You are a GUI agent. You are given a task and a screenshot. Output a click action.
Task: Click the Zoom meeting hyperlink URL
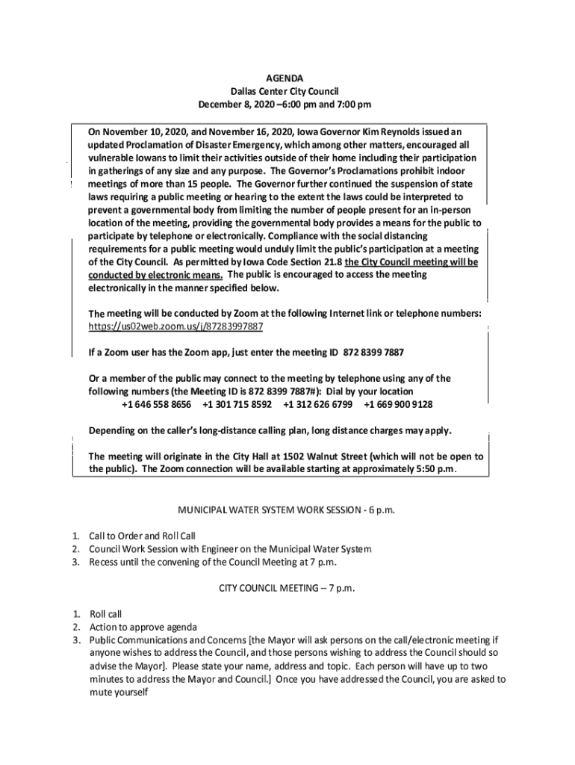175,327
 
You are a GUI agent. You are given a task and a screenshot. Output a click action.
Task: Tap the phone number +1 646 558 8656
156,404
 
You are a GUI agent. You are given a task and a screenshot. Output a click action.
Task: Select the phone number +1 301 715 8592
237,404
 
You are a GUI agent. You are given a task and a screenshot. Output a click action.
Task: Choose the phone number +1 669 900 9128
398,404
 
